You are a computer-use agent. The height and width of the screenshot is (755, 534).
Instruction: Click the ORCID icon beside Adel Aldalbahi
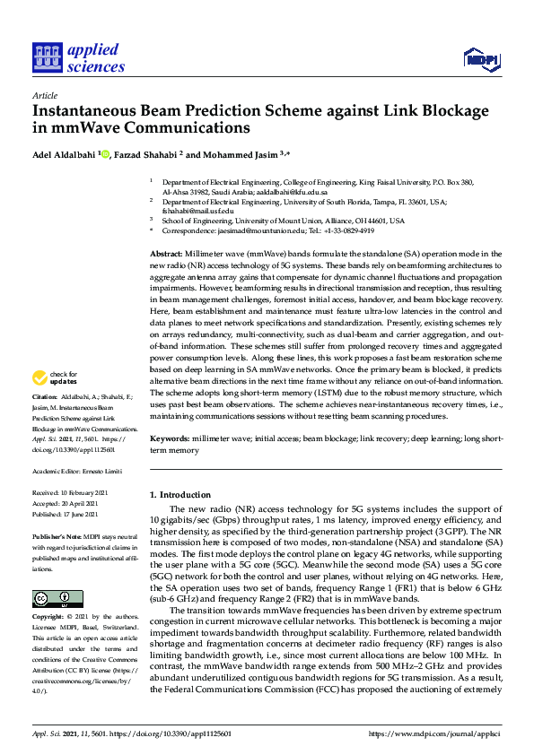pyautogui.click(x=104, y=152)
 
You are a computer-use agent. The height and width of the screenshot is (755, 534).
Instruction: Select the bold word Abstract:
pyautogui.click(x=167, y=256)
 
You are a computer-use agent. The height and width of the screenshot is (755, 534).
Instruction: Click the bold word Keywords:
pyautogui.click(x=170, y=438)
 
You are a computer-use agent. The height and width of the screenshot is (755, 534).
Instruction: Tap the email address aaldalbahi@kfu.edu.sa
pyautogui.click(x=295, y=192)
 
